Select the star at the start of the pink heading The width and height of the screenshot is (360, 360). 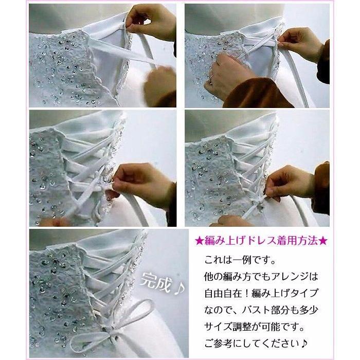(200, 240)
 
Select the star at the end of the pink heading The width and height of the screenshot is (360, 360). (324, 240)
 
